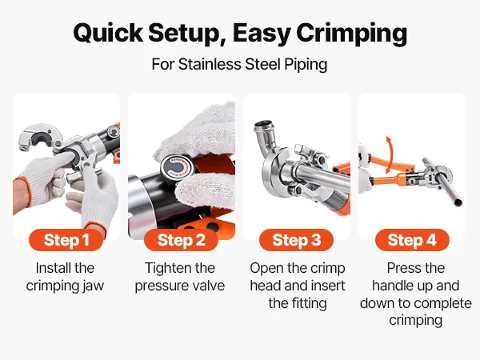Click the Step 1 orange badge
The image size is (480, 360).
[x=66, y=240]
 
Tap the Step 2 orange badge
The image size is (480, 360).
[x=182, y=240]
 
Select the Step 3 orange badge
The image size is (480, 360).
[x=296, y=240]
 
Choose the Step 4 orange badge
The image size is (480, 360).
[x=412, y=240]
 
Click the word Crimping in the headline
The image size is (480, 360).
[x=352, y=34]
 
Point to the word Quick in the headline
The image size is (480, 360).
[x=108, y=33]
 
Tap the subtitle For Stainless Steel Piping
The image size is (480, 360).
[x=239, y=65]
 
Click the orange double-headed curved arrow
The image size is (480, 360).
[x=389, y=154]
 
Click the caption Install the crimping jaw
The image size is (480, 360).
[x=65, y=277]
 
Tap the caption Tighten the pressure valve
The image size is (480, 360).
[x=180, y=277]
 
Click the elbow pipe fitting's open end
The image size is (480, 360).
[x=263, y=126]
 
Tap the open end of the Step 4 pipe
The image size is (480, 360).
[x=458, y=202]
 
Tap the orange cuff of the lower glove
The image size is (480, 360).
[x=94, y=227]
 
